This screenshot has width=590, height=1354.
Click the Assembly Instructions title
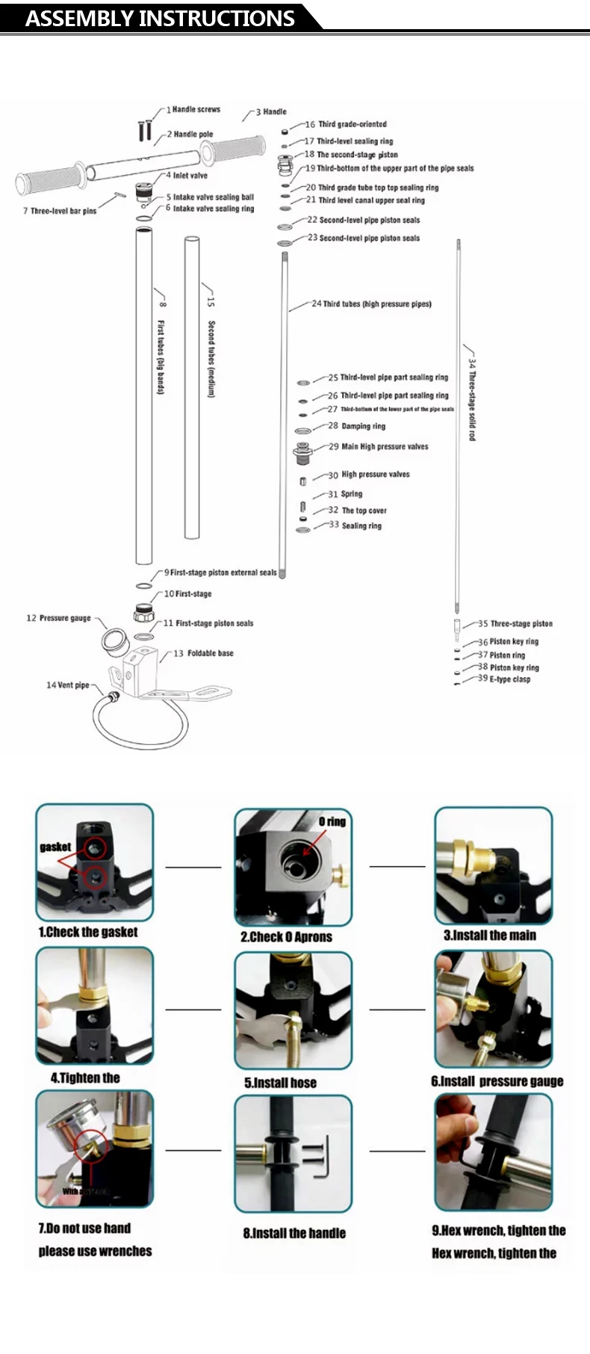click(x=160, y=18)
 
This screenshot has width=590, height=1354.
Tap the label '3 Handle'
click(x=271, y=111)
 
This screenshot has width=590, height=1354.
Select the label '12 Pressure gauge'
click(x=58, y=618)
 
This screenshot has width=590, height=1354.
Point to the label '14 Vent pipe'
click(x=67, y=684)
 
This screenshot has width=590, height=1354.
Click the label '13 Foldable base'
click(x=203, y=653)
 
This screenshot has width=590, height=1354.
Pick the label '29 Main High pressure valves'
click(x=379, y=447)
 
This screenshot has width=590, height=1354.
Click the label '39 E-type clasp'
click(x=504, y=679)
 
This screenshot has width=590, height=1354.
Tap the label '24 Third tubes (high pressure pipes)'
click(x=371, y=304)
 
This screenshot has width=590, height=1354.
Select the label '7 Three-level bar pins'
click(x=60, y=211)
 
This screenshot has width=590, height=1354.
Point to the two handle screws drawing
click(x=146, y=130)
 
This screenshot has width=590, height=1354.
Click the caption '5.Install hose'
click(x=280, y=1083)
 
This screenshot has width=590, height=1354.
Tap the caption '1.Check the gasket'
click(x=88, y=932)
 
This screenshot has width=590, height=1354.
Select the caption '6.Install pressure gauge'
click(x=497, y=1081)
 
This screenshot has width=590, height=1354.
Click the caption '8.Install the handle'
click(x=294, y=1233)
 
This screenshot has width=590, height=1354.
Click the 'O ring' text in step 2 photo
click(x=332, y=821)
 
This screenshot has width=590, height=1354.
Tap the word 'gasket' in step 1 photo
click(x=55, y=847)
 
